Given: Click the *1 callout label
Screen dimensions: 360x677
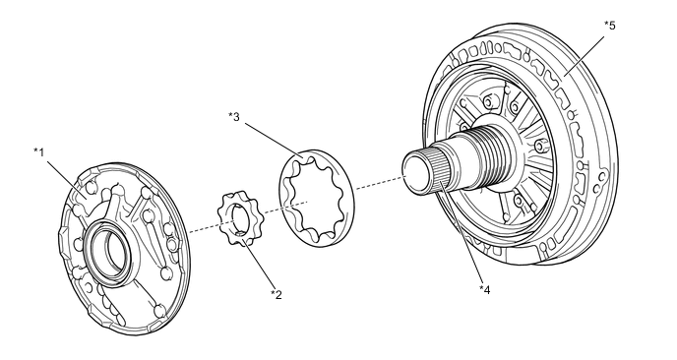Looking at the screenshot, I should pos(39,151).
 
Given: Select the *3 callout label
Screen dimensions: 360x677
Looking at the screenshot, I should pos(234,117).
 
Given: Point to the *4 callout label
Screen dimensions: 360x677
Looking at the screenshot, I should pos(484,288).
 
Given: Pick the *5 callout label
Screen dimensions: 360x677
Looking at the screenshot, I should pos(609,26).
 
